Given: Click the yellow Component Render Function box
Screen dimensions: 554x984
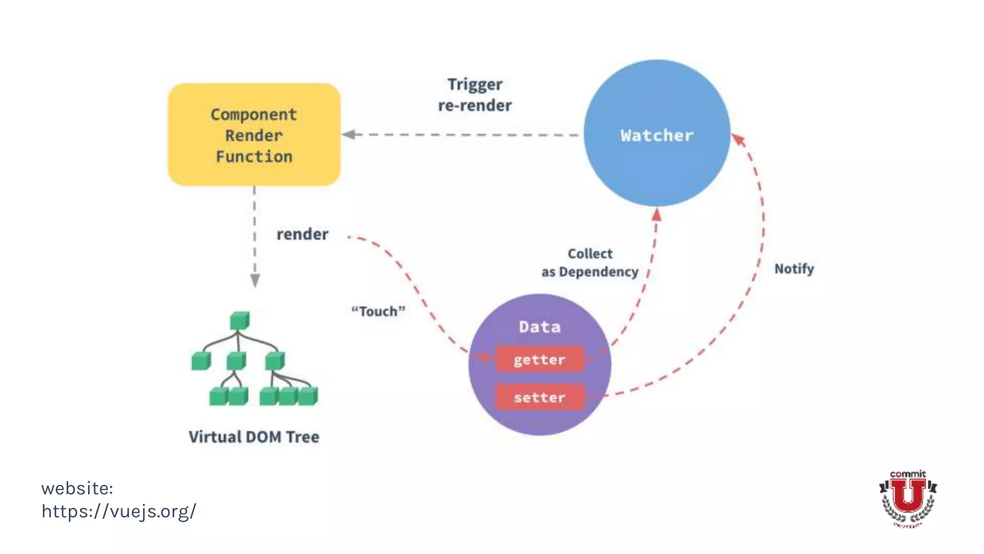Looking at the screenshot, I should (254, 135).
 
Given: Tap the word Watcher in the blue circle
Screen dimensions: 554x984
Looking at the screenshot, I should (657, 136).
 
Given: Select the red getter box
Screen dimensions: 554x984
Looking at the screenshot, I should (540, 360).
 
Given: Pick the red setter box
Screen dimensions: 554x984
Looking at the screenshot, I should (540, 398).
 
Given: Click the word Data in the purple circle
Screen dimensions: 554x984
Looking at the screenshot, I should (540, 327).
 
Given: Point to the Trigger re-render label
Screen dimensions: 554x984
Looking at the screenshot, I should (475, 95).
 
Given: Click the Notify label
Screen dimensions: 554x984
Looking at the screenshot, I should (794, 268).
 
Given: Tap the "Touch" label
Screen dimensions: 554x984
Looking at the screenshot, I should (378, 311).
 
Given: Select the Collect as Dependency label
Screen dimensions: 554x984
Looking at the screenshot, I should (590, 263).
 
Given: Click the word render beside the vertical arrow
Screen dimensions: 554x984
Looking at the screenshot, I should (302, 234).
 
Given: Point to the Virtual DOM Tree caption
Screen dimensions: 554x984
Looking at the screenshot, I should (254, 437).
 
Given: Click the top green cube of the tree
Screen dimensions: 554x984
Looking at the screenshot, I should (239, 321).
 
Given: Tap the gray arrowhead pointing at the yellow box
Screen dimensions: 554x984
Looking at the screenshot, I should (349, 135).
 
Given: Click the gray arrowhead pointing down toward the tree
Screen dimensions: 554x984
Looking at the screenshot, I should (255, 280).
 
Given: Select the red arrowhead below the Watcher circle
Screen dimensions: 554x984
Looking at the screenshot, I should (657, 215).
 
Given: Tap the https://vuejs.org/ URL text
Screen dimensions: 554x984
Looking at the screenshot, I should (119, 511).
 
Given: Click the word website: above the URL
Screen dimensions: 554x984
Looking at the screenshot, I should (77, 488).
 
